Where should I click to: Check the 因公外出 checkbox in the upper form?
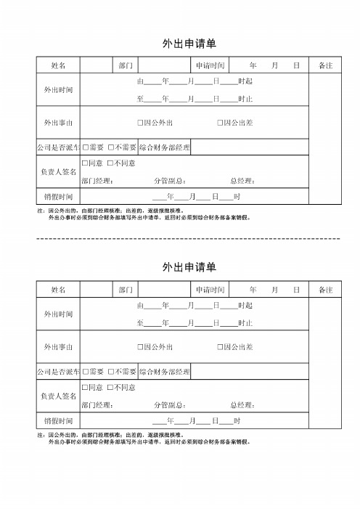tap(140, 123)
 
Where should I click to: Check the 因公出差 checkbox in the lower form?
tap(220, 347)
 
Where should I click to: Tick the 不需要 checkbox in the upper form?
tap(111, 147)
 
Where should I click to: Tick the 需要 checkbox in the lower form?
tap(85, 371)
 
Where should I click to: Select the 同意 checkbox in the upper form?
tap(85, 163)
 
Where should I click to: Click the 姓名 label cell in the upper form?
tap(58, 65)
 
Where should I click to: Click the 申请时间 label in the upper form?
tap(210, 65)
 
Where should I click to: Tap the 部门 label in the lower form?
tap(126, 290)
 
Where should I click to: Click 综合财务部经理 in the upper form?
tap(165, 147)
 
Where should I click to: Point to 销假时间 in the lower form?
tap(58, 420)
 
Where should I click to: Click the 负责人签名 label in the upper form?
tap(58, 172)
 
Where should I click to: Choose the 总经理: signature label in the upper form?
tap(242, 181)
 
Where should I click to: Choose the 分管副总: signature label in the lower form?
tap(171, 404)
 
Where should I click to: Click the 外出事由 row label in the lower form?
tap(58, 347)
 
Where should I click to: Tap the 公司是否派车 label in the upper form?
tap(59, 147)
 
